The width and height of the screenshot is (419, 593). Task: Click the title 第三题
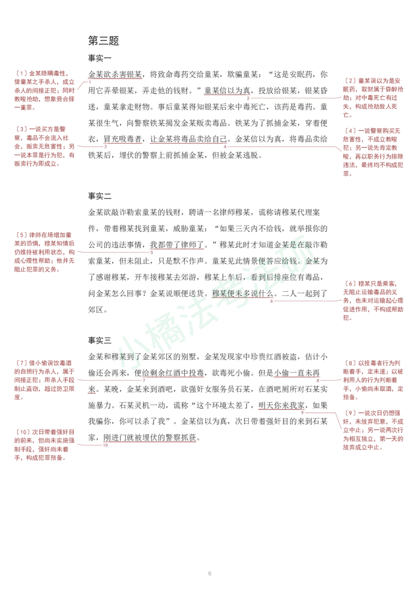pos(104,40)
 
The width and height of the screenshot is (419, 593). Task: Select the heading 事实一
pos(100,58)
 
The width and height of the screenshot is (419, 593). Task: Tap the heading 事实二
pos(100,196)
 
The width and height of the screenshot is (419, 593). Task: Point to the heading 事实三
pos(100,341)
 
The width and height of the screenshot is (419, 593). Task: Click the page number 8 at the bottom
pos(210,574)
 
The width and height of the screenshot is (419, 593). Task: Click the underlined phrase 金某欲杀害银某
pos(115,74)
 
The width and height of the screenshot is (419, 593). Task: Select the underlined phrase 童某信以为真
pos(227,91)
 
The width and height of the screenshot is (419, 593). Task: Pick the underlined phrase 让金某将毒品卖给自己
pos(189,139)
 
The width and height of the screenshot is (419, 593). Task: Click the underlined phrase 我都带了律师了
pos(177,245)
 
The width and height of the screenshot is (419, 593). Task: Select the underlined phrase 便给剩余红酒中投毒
pos(169,373)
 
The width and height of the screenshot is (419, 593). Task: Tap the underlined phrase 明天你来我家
pos(282,405)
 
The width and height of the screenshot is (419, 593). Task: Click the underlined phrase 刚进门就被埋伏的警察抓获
pos(150,437)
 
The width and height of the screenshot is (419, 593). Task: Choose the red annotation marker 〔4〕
pos(350,131)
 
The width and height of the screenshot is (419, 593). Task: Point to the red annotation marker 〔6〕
pos(350,283)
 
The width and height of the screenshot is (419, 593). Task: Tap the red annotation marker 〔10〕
pos(23,432)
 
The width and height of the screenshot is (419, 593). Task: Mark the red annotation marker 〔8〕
pos(350,363)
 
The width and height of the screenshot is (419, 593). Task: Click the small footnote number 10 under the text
pos(105,445)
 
